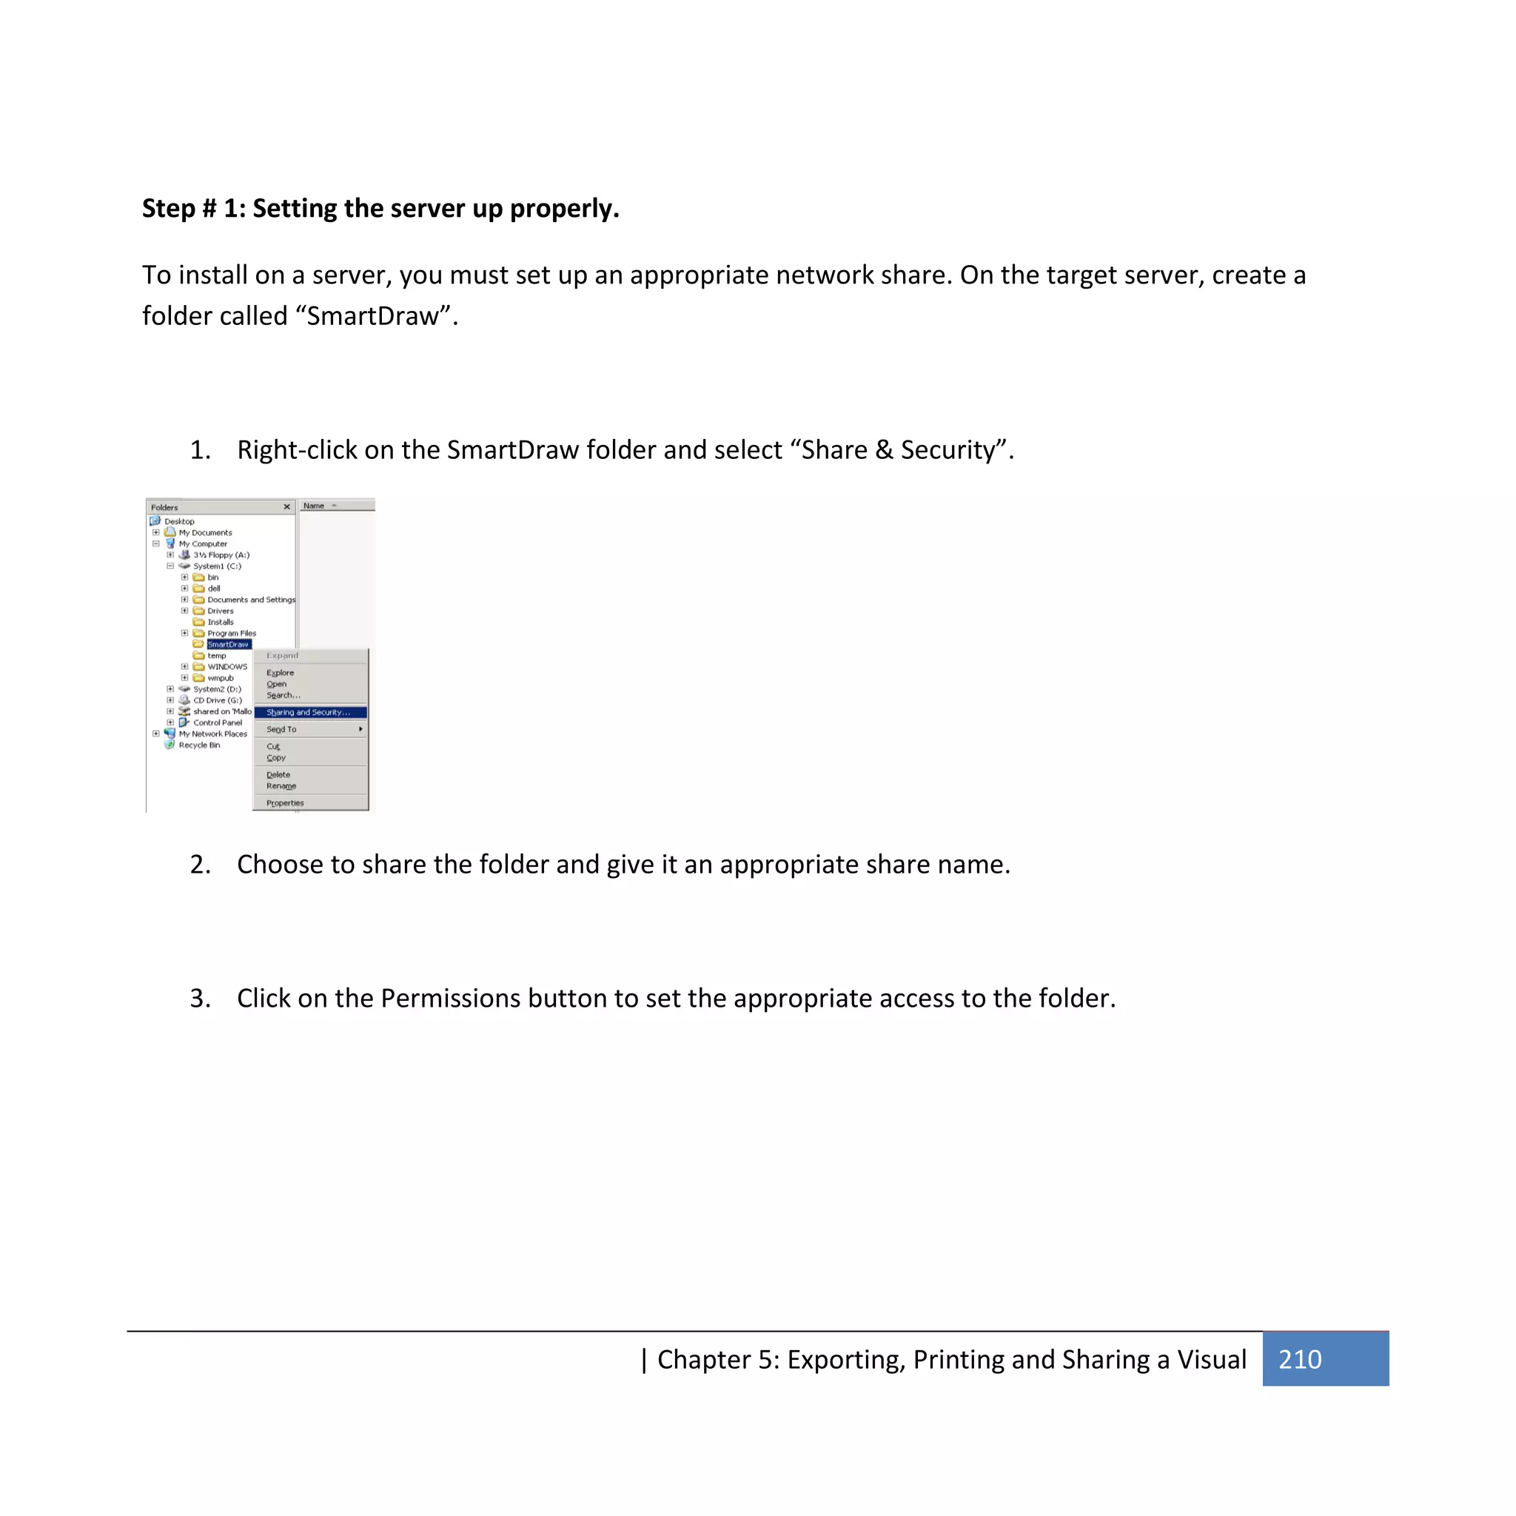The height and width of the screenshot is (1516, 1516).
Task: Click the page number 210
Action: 1299,1359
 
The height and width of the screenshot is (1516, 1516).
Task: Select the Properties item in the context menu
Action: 285,802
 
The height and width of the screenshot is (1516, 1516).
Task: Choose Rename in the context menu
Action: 281,785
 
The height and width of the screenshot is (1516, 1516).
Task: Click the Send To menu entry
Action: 281,729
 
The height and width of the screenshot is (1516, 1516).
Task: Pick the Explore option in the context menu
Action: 280,672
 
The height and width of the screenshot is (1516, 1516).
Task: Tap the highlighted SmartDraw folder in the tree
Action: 228,644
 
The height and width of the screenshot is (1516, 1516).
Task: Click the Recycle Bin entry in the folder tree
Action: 199,745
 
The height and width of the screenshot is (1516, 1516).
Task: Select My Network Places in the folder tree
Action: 212,734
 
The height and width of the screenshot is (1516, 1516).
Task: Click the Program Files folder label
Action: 232,633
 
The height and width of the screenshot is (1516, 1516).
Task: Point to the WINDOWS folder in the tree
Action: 227,667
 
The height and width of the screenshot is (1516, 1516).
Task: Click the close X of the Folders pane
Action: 286,507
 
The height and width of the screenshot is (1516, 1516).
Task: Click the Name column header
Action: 314,506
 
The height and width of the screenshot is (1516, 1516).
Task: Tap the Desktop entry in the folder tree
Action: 179,521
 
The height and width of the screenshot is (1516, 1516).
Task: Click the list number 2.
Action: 199,864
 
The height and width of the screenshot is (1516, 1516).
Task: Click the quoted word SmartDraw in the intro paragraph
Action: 373,316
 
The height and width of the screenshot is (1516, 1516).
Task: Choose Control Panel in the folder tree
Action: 218,722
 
